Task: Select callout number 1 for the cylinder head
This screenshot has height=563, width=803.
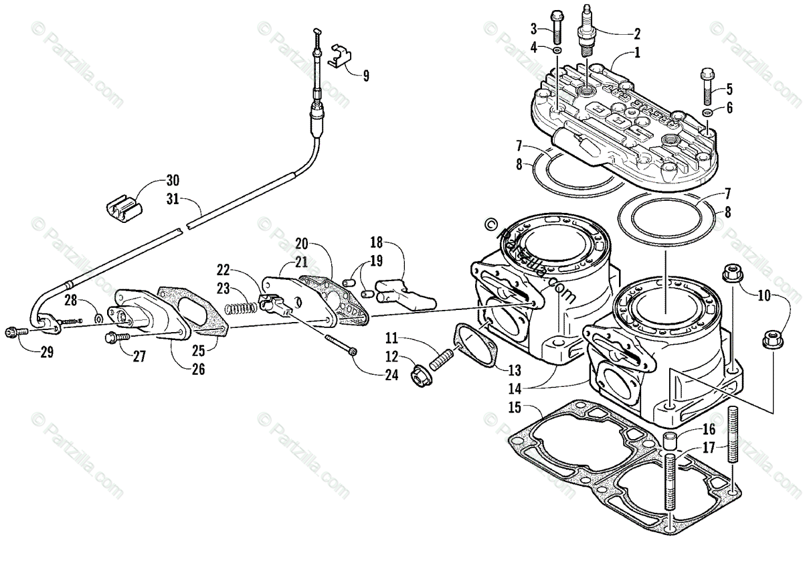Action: click(637, 52)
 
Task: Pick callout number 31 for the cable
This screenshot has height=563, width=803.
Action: click(173, 199)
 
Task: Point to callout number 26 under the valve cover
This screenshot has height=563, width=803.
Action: click(199, 368)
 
